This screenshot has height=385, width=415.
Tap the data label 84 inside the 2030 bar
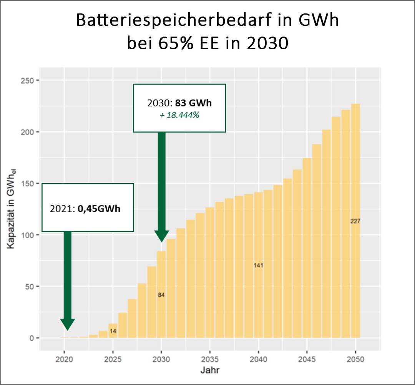point(161,295)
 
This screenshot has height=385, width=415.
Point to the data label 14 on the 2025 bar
point(113,331)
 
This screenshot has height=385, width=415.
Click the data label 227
point(355,221)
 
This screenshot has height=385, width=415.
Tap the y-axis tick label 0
point(32,338)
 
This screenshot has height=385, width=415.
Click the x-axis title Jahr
point(209,371)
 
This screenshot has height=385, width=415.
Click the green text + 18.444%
point(179,115)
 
